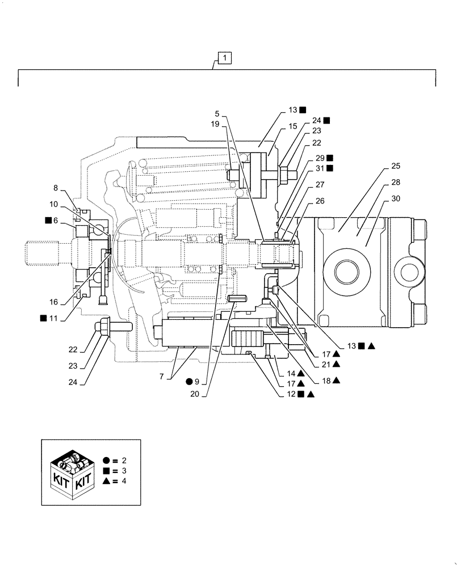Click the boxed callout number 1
224,58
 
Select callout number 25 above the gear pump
396,167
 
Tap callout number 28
396,183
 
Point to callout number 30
396,198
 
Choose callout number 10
53,204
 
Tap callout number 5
217,113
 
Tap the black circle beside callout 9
188,382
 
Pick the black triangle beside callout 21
336,363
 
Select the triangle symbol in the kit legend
107,481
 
